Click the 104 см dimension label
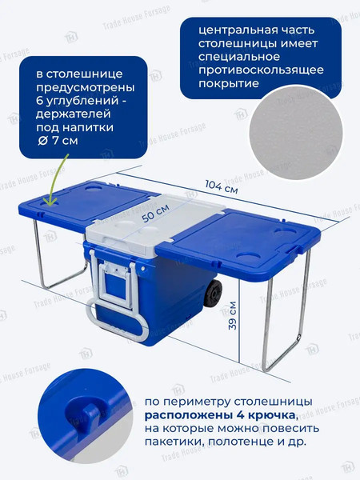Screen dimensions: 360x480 (221, 186)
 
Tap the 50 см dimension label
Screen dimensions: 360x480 (156, 213)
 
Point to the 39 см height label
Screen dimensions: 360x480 (233, 316)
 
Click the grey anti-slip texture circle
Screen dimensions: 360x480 (296, 132)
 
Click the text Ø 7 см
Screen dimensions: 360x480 (58, 141)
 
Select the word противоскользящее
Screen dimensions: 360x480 (261, 70)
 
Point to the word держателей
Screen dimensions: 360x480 (74, 114)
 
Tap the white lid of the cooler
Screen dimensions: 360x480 (156, 222)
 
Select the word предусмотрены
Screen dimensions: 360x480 (86, 87)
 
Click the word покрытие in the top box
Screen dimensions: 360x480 (228, 83)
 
